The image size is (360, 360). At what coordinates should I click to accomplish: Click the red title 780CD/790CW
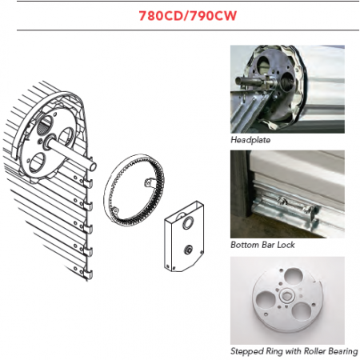pyautogui.click(x=188, y=16)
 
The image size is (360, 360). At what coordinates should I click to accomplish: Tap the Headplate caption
pyautogui.click(x=250, y=140)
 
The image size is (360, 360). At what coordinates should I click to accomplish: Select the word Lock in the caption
pyautogui.click(x=286, y=245)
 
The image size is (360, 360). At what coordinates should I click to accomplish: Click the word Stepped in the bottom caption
pyautogui.click(x=247, y=351)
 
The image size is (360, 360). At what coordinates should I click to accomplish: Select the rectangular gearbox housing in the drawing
pyautogui.click(x=184, y=236)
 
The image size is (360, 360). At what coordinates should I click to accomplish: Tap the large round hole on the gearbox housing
pyautogui.click(x=188, y=222)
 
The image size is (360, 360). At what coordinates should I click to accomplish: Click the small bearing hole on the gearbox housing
pyautogui.click(x=188, y=250)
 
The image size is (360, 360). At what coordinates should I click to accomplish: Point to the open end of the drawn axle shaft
pyautogui.click(x=93, y=166)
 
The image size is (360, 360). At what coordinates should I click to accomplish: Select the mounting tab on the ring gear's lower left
pyautogui.click(x=115, y=210)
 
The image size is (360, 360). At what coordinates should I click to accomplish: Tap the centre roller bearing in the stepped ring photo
pyautogui.click(x=287, y=296)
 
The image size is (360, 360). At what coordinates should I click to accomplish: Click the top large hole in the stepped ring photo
pyautogui.click(x=293, y=277)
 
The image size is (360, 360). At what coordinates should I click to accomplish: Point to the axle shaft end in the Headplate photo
pyautogui.click(x=239, y=82)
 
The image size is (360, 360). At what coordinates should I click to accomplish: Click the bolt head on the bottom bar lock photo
pyautogui.click(x=281, y=200)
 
